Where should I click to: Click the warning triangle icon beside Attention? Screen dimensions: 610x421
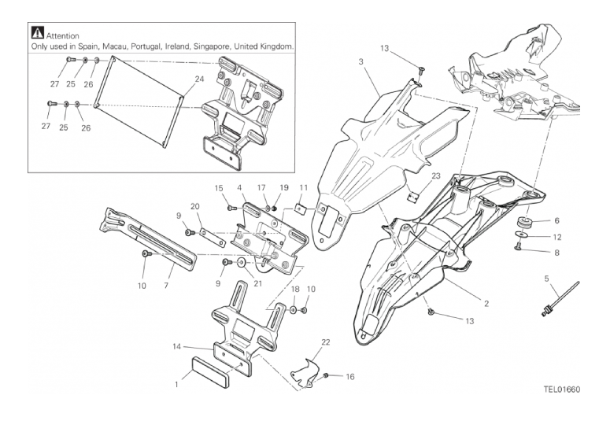click(37, 33)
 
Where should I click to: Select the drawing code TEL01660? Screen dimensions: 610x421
click(562, 390)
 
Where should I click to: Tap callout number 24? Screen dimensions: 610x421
click(199, 79)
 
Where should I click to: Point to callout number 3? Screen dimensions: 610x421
click(360, 61)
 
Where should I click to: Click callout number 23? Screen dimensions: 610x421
click(436, 175)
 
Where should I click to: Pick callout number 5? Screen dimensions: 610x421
click(546, 279)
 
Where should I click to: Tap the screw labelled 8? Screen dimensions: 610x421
click(519, 246)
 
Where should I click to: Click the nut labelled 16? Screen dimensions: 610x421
click(326, 375)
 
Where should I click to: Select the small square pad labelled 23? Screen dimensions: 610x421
click(412, 196)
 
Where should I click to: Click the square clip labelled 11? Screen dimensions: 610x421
click(299, 210)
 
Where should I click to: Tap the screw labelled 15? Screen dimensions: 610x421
click(231, 209)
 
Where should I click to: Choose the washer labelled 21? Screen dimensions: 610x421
click(241, 263)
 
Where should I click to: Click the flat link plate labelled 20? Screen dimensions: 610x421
click(213, 238)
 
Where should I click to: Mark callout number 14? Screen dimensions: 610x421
click(176, 346)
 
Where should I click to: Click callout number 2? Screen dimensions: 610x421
click(486, 304)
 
